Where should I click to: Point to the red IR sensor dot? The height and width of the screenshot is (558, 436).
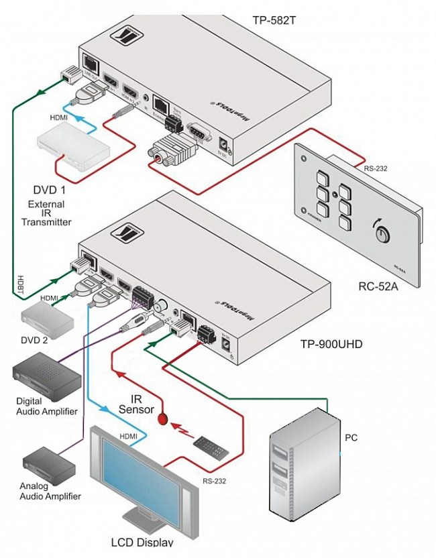[162, 419]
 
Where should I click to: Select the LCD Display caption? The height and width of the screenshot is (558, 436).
[142, 543]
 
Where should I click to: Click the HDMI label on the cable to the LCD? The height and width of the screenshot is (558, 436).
[129, 436]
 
